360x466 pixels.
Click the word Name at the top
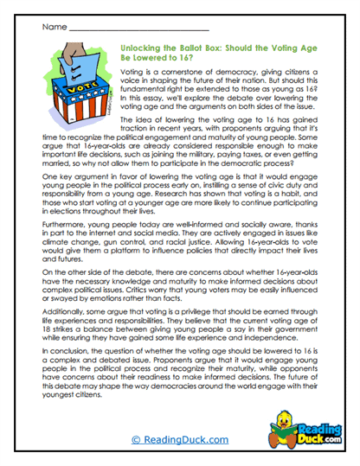click(52, 28)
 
